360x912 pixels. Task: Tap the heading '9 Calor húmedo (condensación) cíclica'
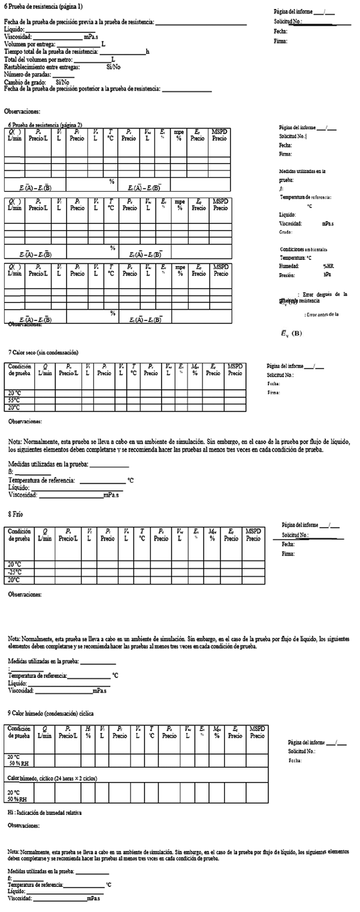click(51, 714)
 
